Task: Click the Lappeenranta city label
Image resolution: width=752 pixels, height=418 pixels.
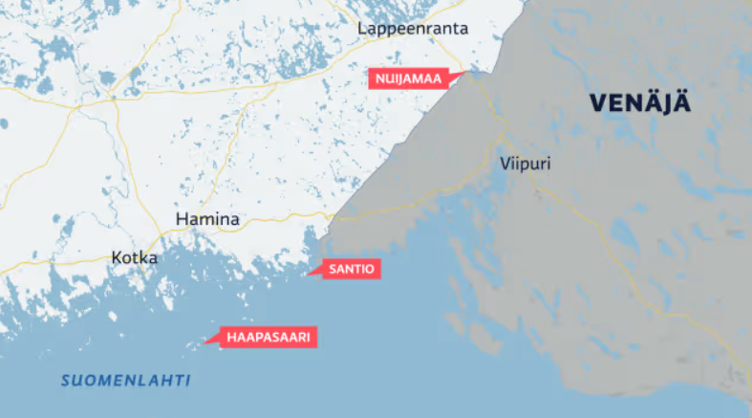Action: [x=413, y=29]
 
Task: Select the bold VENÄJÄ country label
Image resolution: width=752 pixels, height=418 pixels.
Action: [x=639, y=103]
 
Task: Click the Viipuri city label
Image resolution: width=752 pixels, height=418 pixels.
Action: [x=525, y=164]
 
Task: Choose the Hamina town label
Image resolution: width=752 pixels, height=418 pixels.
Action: [x=207, y=220]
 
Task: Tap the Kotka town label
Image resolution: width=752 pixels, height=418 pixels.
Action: [x=135, y=257]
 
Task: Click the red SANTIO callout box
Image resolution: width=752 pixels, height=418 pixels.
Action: [x=353, y=271]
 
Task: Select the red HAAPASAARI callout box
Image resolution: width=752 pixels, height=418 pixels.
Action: [x=270, y=337]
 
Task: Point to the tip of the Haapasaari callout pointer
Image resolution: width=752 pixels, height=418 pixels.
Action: [x=205, y=341]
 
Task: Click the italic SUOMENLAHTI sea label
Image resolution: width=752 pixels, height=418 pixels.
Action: [x=125, y=381]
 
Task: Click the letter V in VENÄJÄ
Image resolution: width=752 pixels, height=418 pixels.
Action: [x=597, y=103]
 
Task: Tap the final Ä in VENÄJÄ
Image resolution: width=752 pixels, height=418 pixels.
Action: [x=680, y=103]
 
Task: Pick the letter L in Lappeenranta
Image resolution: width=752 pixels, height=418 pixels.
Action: [x=362, y=29]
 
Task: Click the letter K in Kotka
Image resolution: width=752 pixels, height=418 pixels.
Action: [x=117, y=257]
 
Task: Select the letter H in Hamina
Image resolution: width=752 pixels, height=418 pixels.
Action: [x=182, y=220]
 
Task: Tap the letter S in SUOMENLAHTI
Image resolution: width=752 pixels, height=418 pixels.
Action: [x=66, y=381]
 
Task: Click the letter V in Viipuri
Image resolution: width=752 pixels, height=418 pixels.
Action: [x=505, y=164]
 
